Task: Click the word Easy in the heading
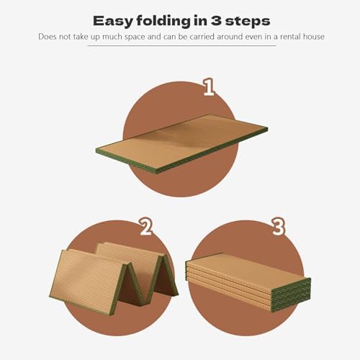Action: coord(115,19)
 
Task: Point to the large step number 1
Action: coord(208,88)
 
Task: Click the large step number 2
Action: coord(146,228)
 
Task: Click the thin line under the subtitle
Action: coord(180,46)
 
